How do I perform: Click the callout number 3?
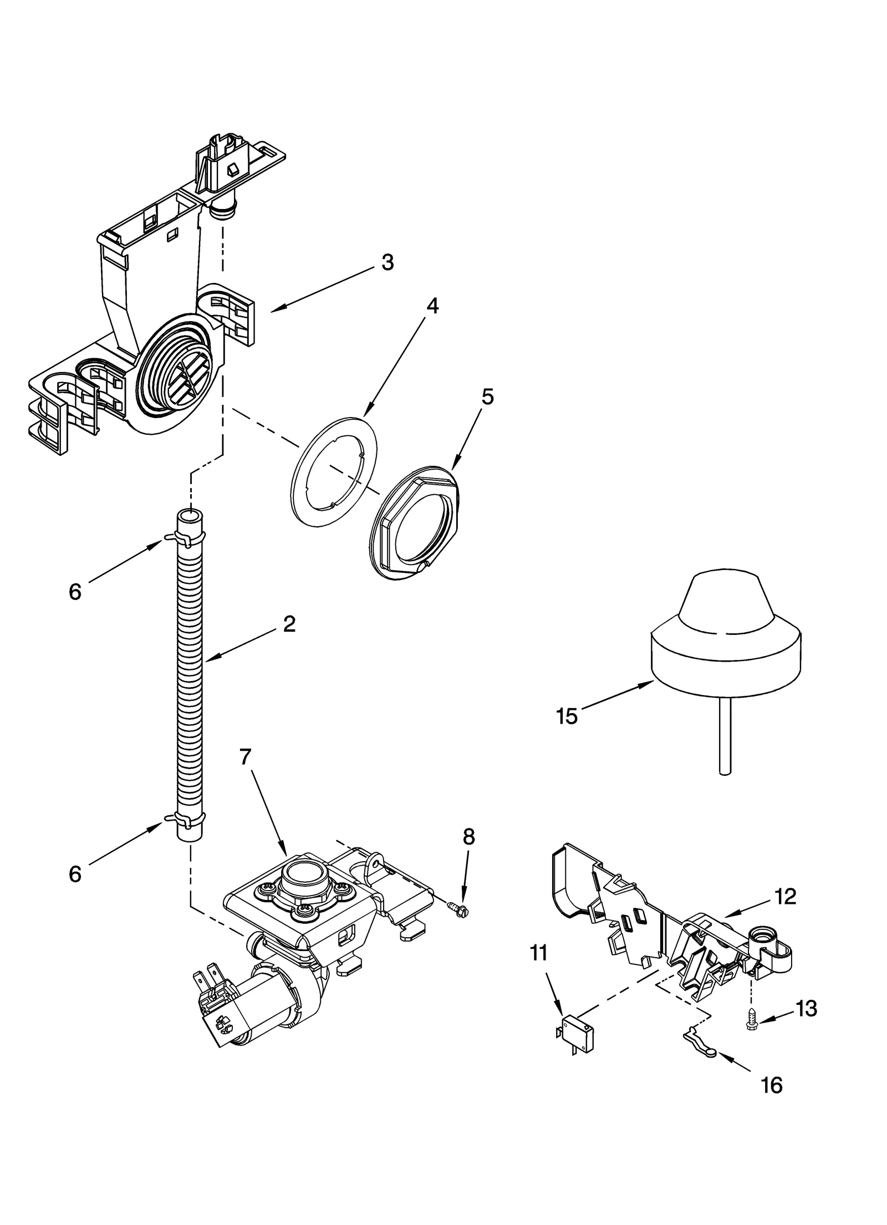388,262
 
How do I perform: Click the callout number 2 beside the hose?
289,624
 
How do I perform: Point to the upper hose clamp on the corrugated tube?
185,537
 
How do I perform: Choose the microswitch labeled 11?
577,1033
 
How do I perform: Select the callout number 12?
786,896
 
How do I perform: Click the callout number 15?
567,716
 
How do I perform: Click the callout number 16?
772,1085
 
